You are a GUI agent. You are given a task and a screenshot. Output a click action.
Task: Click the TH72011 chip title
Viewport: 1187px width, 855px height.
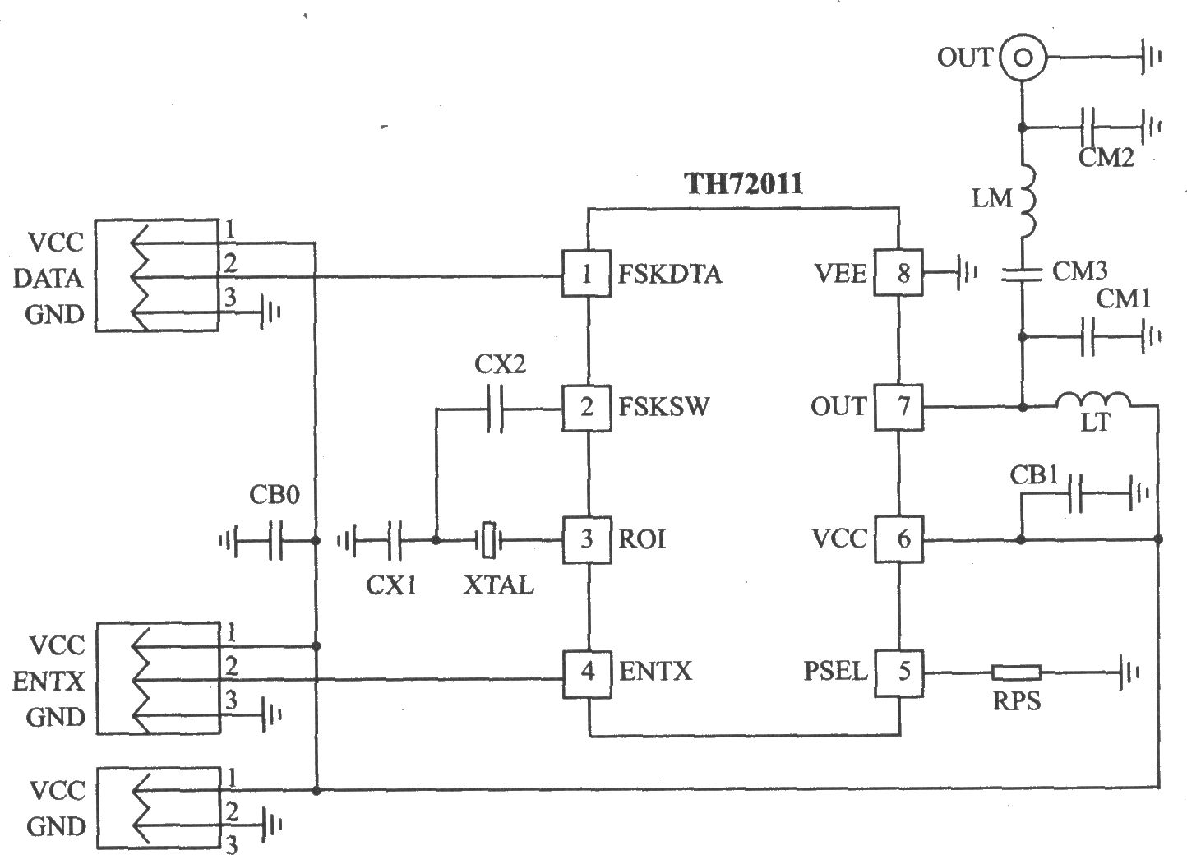point(743,184)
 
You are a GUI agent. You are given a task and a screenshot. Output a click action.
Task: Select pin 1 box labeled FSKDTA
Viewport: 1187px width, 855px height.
point(587,274)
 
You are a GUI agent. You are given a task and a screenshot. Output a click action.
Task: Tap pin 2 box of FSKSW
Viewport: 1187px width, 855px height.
point(587,408)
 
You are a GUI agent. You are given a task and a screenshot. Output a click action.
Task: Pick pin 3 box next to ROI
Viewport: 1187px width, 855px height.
point(587,539)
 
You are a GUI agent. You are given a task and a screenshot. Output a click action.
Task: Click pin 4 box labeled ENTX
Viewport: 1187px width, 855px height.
point(587,673)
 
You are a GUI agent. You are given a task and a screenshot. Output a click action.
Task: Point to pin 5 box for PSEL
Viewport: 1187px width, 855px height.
point(898,672)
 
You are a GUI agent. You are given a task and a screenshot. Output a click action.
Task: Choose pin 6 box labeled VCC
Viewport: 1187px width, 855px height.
point(898,539)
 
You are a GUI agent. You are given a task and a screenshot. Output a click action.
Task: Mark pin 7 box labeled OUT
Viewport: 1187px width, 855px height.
point(898,407)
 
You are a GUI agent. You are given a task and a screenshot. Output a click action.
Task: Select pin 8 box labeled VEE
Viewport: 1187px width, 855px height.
point(898,272)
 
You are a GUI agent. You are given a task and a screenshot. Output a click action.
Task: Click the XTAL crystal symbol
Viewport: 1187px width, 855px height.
point(489,540)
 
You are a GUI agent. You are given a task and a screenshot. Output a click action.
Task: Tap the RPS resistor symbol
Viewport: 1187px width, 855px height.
point(1016,672)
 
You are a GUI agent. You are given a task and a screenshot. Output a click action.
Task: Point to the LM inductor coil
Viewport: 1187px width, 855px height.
point(1026,201)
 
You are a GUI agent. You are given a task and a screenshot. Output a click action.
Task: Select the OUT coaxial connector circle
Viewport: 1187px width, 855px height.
point(1023,58)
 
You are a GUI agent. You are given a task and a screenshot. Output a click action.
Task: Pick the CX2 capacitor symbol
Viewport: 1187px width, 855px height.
point(495,409)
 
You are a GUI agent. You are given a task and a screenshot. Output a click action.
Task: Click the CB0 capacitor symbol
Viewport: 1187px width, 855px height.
point(275,541)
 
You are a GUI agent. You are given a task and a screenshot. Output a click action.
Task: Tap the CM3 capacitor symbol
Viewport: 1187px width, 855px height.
point(1023,274)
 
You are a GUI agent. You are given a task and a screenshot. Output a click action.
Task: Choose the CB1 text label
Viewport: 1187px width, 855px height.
point(1034,475)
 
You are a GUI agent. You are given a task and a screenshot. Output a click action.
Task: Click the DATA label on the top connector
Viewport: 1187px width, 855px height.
point(48,279)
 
